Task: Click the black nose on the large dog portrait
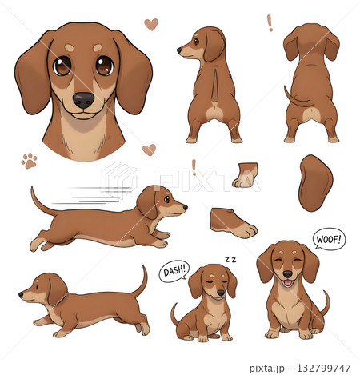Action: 83,99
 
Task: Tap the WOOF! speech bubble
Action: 329,239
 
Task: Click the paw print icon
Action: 30,161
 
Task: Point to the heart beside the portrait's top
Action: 150,24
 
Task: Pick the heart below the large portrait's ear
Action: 149,150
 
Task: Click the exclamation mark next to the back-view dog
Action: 270,23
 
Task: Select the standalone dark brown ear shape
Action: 314,183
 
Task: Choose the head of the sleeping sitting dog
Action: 212,282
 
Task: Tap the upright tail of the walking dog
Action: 141,281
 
